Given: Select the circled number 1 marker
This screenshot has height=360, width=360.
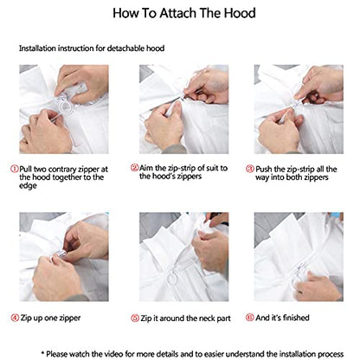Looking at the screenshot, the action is point(15,169).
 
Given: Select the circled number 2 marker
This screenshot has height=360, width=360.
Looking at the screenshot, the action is point(134,167).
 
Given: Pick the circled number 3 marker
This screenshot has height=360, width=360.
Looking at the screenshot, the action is point(250,169).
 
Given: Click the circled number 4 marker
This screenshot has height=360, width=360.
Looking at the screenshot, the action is point(15,318).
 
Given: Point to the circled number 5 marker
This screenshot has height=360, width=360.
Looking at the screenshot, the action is point(135,318).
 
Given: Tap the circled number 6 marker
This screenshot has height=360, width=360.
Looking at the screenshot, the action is point(249,318).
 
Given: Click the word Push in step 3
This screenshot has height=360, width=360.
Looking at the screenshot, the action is point(264,169).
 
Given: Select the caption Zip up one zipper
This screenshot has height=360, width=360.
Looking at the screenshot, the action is point(50,318).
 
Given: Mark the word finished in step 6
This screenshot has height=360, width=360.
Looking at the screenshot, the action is point(296,318).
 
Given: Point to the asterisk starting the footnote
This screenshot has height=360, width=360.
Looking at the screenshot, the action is point(43,352).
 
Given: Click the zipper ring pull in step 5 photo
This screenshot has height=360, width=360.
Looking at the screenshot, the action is point(171,278).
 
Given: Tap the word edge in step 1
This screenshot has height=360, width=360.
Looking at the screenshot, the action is point(28,186).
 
